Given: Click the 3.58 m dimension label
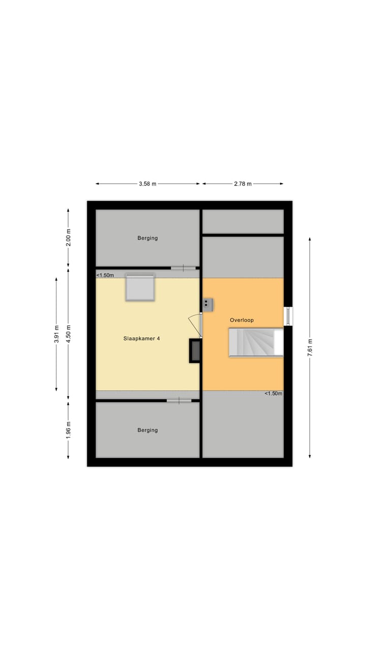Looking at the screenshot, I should pos(147,184).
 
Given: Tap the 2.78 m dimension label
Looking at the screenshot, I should pos(242,184).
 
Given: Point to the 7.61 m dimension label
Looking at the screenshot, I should pos(310,348).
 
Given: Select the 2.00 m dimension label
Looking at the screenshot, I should pos(69,237).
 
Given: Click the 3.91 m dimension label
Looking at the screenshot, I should pos(56,334).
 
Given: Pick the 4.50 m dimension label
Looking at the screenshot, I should pos(69,334).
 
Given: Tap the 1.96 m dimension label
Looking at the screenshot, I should pos(69,430).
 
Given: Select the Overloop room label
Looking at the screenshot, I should pos(241,320).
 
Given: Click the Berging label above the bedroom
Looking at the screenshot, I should pos(147,238).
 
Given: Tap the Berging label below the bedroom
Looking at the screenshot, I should pos(147,430).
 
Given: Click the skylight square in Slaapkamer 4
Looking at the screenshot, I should pos(140,287).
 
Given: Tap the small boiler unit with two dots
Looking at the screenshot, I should pos(207,304).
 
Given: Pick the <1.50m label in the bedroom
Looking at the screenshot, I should pos(105,275).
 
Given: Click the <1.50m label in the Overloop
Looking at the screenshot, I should pos(273,394).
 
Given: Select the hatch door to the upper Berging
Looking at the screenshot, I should pos(183,268).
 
